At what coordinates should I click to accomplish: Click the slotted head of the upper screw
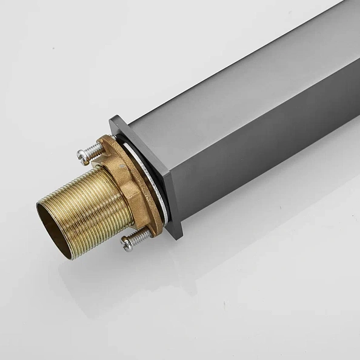(83, 157)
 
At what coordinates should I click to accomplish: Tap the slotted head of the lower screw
(127, 244)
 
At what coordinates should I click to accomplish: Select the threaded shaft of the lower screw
(141, 236)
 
